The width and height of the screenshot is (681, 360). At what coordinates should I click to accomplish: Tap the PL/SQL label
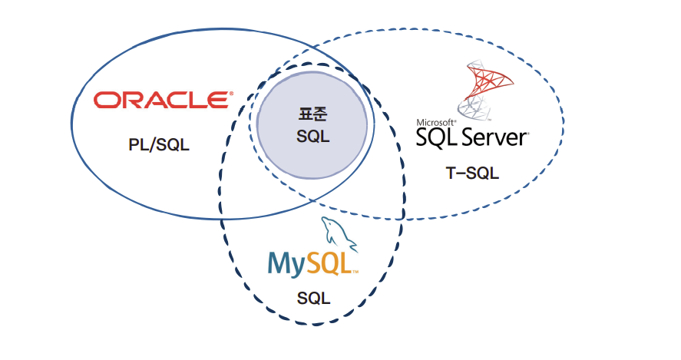point(159,144)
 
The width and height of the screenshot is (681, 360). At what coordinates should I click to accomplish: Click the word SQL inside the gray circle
point(313,137)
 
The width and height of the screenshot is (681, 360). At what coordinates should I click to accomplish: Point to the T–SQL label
point(472,173)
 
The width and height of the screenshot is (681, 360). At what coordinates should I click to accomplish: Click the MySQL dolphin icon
point(339,234)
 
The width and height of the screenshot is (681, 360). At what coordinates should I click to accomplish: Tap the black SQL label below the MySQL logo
point(313,298)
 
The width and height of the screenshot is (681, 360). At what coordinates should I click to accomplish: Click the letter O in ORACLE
point(106,100)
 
